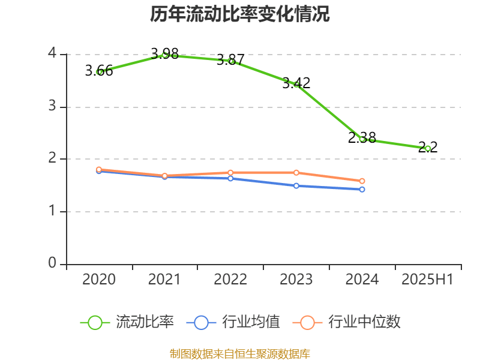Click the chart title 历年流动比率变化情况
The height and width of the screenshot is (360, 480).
[x=240, y=14]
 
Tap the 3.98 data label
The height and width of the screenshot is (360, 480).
[x=164, y=54]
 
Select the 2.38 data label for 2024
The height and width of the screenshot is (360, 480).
[x=362, y=138]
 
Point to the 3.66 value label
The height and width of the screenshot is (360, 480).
[x=99, y=71]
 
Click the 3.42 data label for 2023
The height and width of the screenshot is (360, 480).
[x=296, y=83]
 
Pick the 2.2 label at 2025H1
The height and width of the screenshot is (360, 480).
[x=428, y=147]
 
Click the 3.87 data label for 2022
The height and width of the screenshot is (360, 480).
[x=230, y=60]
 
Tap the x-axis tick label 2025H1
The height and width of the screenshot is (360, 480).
[x=428, y=280]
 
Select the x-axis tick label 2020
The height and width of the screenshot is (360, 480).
[x=99, y=280]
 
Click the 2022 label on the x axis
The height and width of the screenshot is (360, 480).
[x=230, y=280]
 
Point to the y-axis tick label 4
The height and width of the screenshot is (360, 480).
[x=53, y=54]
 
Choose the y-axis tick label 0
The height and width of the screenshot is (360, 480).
[x=53, y=264]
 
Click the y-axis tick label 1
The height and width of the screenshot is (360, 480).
[x=53, y=212]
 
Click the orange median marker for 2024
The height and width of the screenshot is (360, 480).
[x=362, y=181]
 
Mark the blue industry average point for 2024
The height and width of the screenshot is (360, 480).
[x=362, y=190]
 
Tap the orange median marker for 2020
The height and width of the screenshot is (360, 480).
[x=99, y=170]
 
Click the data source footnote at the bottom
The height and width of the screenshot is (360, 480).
[x=240, y=353]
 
